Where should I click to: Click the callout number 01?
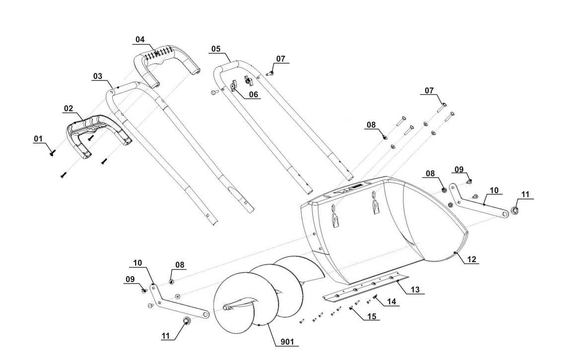[38, 140]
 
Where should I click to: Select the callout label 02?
[69, 108]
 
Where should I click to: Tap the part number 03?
[98, 76]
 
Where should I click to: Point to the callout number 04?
[140, 39]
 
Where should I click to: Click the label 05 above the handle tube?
[215, 50]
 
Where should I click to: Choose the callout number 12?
[472, 260]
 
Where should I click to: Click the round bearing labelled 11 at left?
[188, 321]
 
